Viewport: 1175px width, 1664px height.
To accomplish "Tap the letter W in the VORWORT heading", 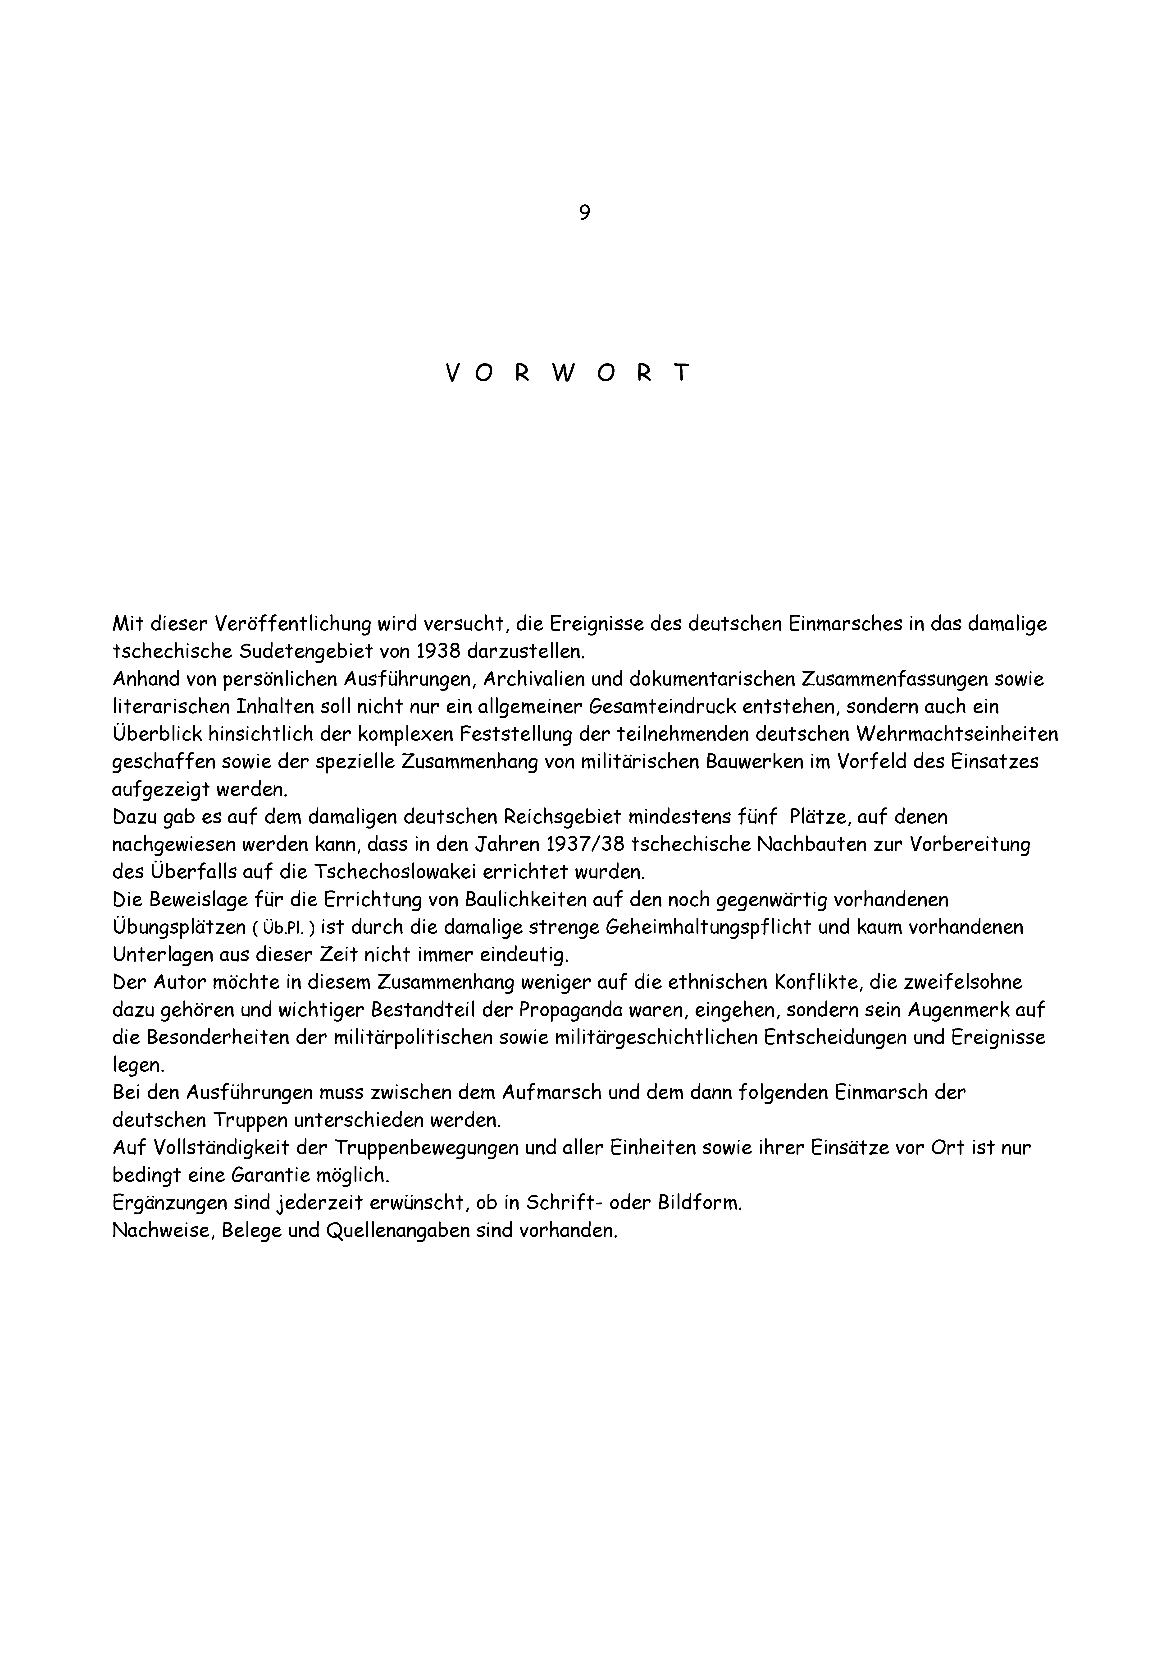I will [x=566, y=373].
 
